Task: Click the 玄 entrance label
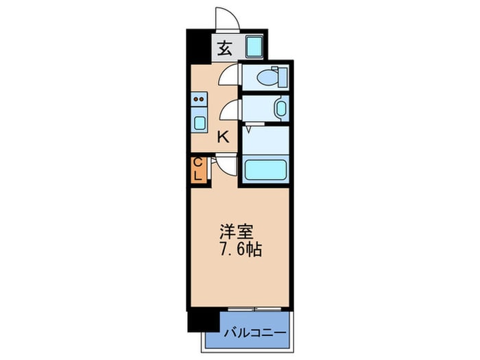pos(225,49)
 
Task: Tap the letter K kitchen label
pos(223,137)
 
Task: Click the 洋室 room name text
pos(237,232)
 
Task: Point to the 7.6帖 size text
pos(240,250)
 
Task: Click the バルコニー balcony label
pos(255,333)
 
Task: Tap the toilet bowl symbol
pos(267,77)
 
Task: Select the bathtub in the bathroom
pos(265,169)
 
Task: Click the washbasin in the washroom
pos(281,108)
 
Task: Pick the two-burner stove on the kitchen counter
pos(199,99)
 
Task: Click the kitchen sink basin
pos(200,123)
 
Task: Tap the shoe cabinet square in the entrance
pos(254,46)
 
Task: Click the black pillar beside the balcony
pos(204,320)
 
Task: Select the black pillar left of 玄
pos(199,47)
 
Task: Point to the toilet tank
pos(283,77)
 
